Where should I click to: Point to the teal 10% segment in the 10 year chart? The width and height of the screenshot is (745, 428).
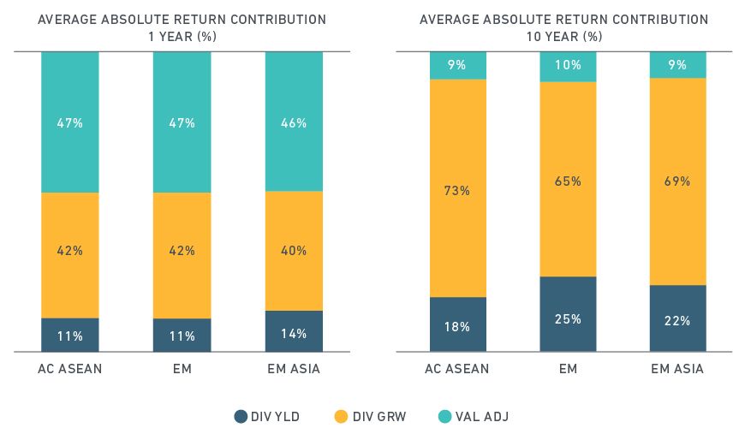tap(568, 66)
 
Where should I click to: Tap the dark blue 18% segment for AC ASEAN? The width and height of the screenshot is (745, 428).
tap(458, 324)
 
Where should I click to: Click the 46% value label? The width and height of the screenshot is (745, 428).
tap(294, 123)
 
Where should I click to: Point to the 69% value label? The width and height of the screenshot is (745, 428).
tap(677, 181)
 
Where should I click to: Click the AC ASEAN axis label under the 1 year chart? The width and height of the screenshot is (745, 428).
tap(69, 369)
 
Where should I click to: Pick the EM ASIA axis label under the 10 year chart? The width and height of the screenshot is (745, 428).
tap(677, 369)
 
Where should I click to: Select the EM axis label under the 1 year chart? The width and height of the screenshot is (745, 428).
tap(182, 369)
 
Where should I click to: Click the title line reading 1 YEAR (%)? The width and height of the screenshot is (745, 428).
tap(182, 36)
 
